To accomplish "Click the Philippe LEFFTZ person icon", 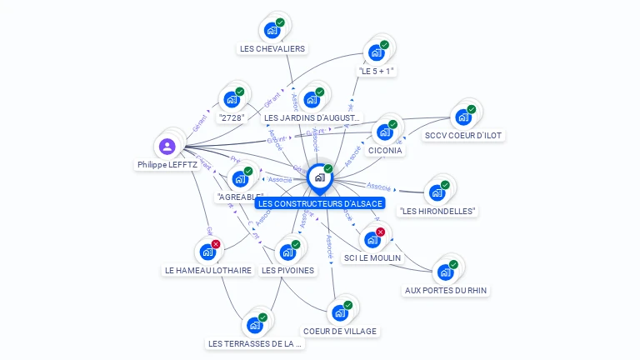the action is [x=167, y=147].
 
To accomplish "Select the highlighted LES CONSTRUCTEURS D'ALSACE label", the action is [x=320, y=203].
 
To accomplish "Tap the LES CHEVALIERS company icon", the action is [x=272, y=31].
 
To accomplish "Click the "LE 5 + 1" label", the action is [x=376, y=71].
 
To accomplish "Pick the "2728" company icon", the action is [x=232, y=100].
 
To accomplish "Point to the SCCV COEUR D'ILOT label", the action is [x=464, y=135].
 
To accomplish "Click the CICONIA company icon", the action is [x=384, y=132].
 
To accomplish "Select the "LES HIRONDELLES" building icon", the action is [x=437, y=192].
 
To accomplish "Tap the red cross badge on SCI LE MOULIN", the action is [x=381, y=232].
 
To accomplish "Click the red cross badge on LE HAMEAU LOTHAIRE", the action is [x=216, y=244].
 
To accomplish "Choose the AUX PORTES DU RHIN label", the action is [x=446, y=290].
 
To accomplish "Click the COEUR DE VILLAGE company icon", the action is [x=339, y=312].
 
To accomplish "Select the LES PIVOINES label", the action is [x=287, y=270].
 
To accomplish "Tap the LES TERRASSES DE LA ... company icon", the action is [x=254, y=325].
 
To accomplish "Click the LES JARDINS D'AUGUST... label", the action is [x=312, y=118].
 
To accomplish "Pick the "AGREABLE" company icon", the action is [x=240, y=178].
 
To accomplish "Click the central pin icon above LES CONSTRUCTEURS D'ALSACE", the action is [x=319, y=177].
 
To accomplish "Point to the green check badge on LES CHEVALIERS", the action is [x=280, y=22].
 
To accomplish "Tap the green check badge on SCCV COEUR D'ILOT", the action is [x=472, y=109].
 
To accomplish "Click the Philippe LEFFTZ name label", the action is [x=167, y=165].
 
